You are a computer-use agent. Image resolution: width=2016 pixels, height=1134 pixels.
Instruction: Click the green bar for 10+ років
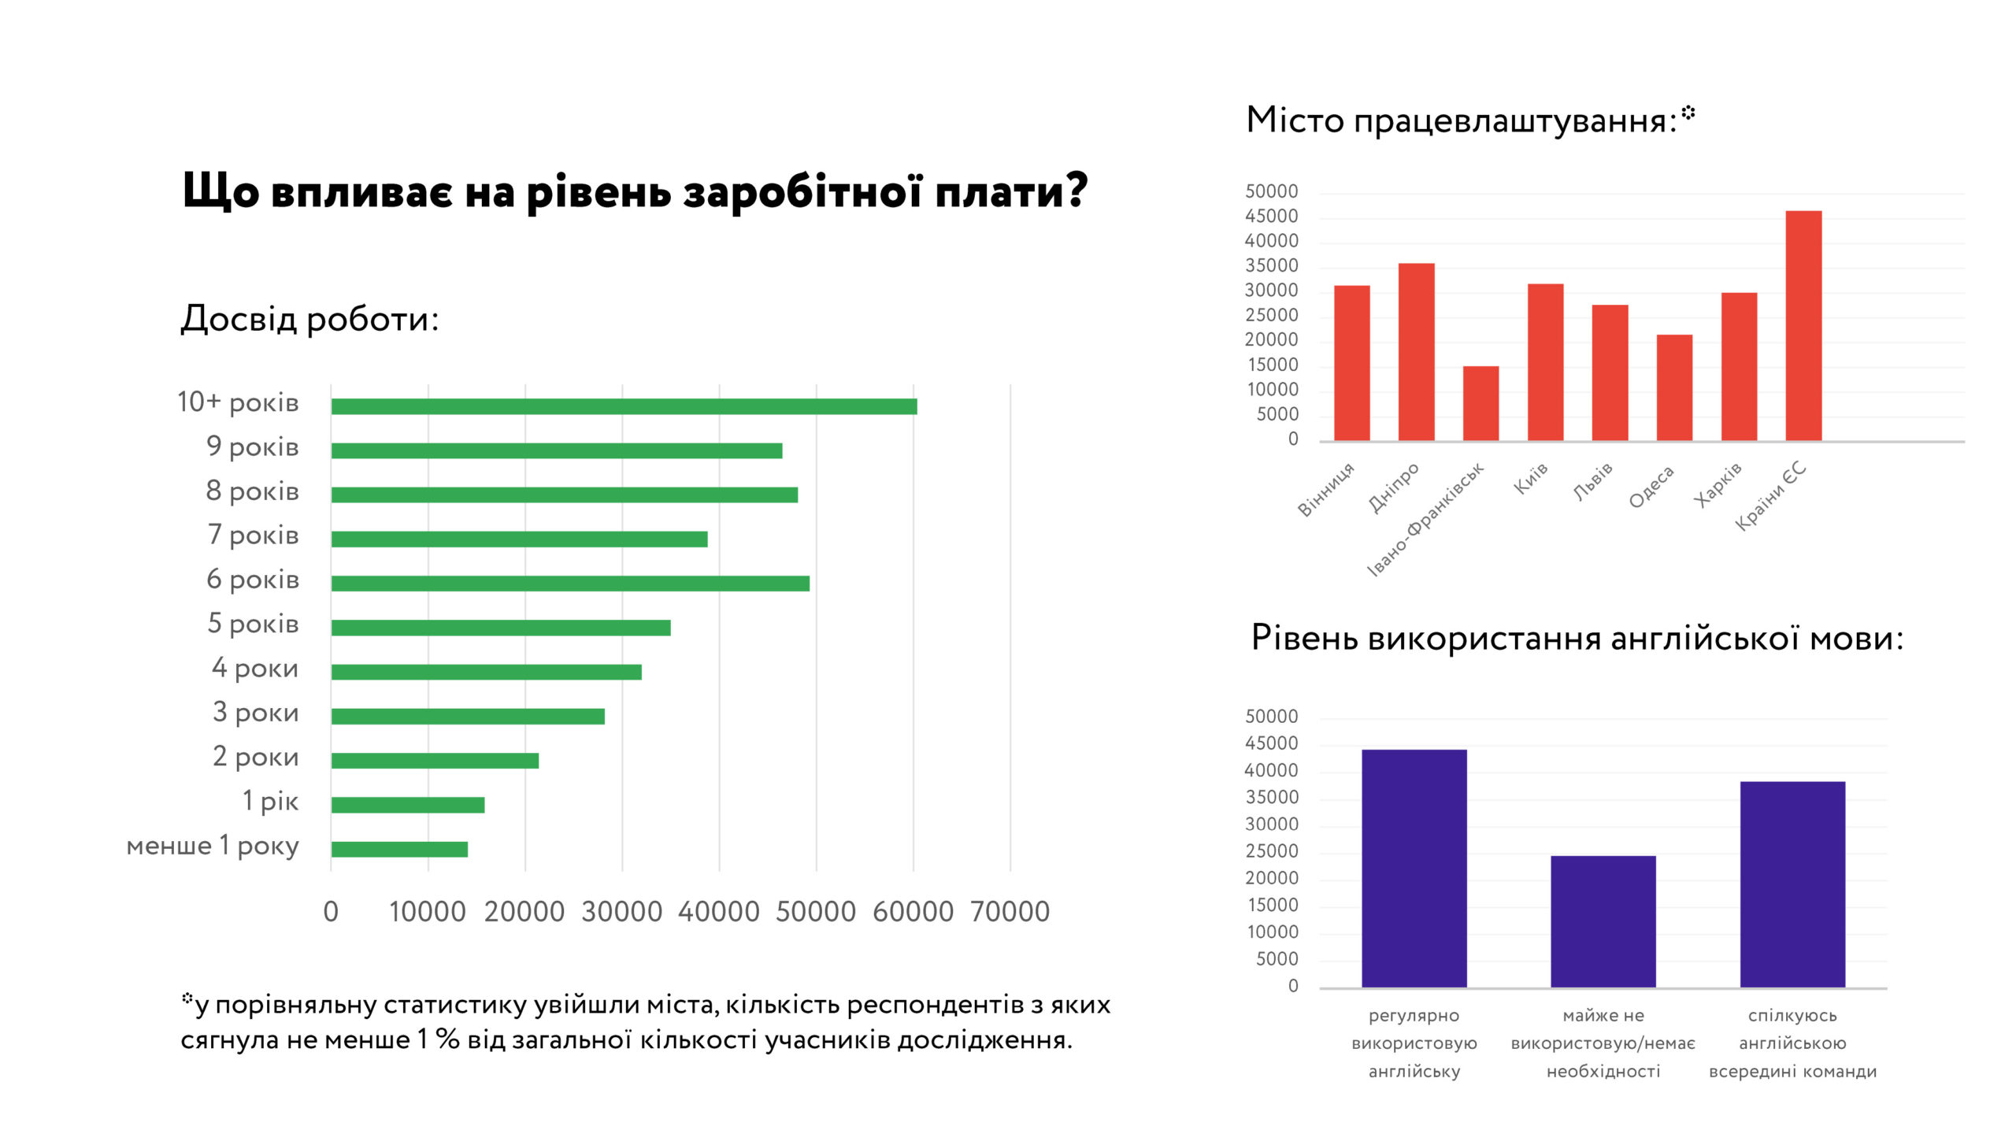point(624,406)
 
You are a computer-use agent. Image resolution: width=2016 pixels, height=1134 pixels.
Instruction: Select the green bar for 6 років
point(570,584)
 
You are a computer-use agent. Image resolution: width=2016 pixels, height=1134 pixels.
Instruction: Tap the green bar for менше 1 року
point(399,849)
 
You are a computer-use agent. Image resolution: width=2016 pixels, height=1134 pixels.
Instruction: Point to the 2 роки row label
point(256,757)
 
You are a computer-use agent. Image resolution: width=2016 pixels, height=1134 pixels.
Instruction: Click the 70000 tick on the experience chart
point(1010,912)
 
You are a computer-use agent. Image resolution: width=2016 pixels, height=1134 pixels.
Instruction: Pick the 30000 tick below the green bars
point(622,912)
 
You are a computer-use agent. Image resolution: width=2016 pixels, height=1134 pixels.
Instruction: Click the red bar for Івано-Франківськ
point(1480,403)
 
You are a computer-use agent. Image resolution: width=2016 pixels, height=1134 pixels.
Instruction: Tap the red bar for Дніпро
point(1416,351)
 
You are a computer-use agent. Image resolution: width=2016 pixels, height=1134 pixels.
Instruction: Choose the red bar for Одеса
point(1674,387)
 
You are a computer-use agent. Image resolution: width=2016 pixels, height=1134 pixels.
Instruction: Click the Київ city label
point(1531,479)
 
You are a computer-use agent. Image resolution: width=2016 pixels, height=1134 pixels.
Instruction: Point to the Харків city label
point(1718,485)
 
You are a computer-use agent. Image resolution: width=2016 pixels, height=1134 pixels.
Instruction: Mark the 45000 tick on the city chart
point(1271,217)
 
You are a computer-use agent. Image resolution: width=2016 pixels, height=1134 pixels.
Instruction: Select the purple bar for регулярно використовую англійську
point(1414,868)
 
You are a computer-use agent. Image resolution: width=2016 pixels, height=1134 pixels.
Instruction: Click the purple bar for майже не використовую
point(1603,921)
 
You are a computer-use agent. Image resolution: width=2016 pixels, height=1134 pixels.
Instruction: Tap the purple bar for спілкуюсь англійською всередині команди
point(1792,884)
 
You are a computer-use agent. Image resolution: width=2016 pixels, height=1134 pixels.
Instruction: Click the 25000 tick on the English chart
point(1271,851)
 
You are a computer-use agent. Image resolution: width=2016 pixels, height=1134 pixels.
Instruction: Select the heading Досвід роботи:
point(309,320)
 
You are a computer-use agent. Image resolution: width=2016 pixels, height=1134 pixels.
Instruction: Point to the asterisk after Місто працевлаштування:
point(1688,113)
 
